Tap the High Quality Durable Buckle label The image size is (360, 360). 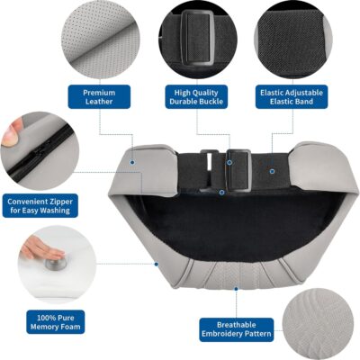tap(196, 97)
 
